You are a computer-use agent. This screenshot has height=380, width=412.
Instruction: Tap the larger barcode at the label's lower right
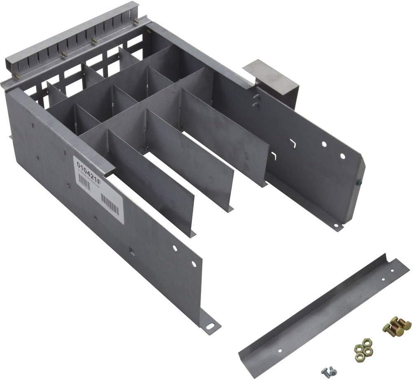110,205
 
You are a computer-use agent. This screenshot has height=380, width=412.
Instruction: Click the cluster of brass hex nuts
363,347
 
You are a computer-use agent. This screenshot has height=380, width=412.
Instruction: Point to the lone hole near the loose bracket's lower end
280,350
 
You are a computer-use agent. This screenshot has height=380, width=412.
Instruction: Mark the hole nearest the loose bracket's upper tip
392,270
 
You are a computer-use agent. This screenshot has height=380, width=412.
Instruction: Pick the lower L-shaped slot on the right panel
274,156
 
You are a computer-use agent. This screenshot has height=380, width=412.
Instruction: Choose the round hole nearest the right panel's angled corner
342,156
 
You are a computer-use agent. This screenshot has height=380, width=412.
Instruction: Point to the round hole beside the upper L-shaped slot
324,144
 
